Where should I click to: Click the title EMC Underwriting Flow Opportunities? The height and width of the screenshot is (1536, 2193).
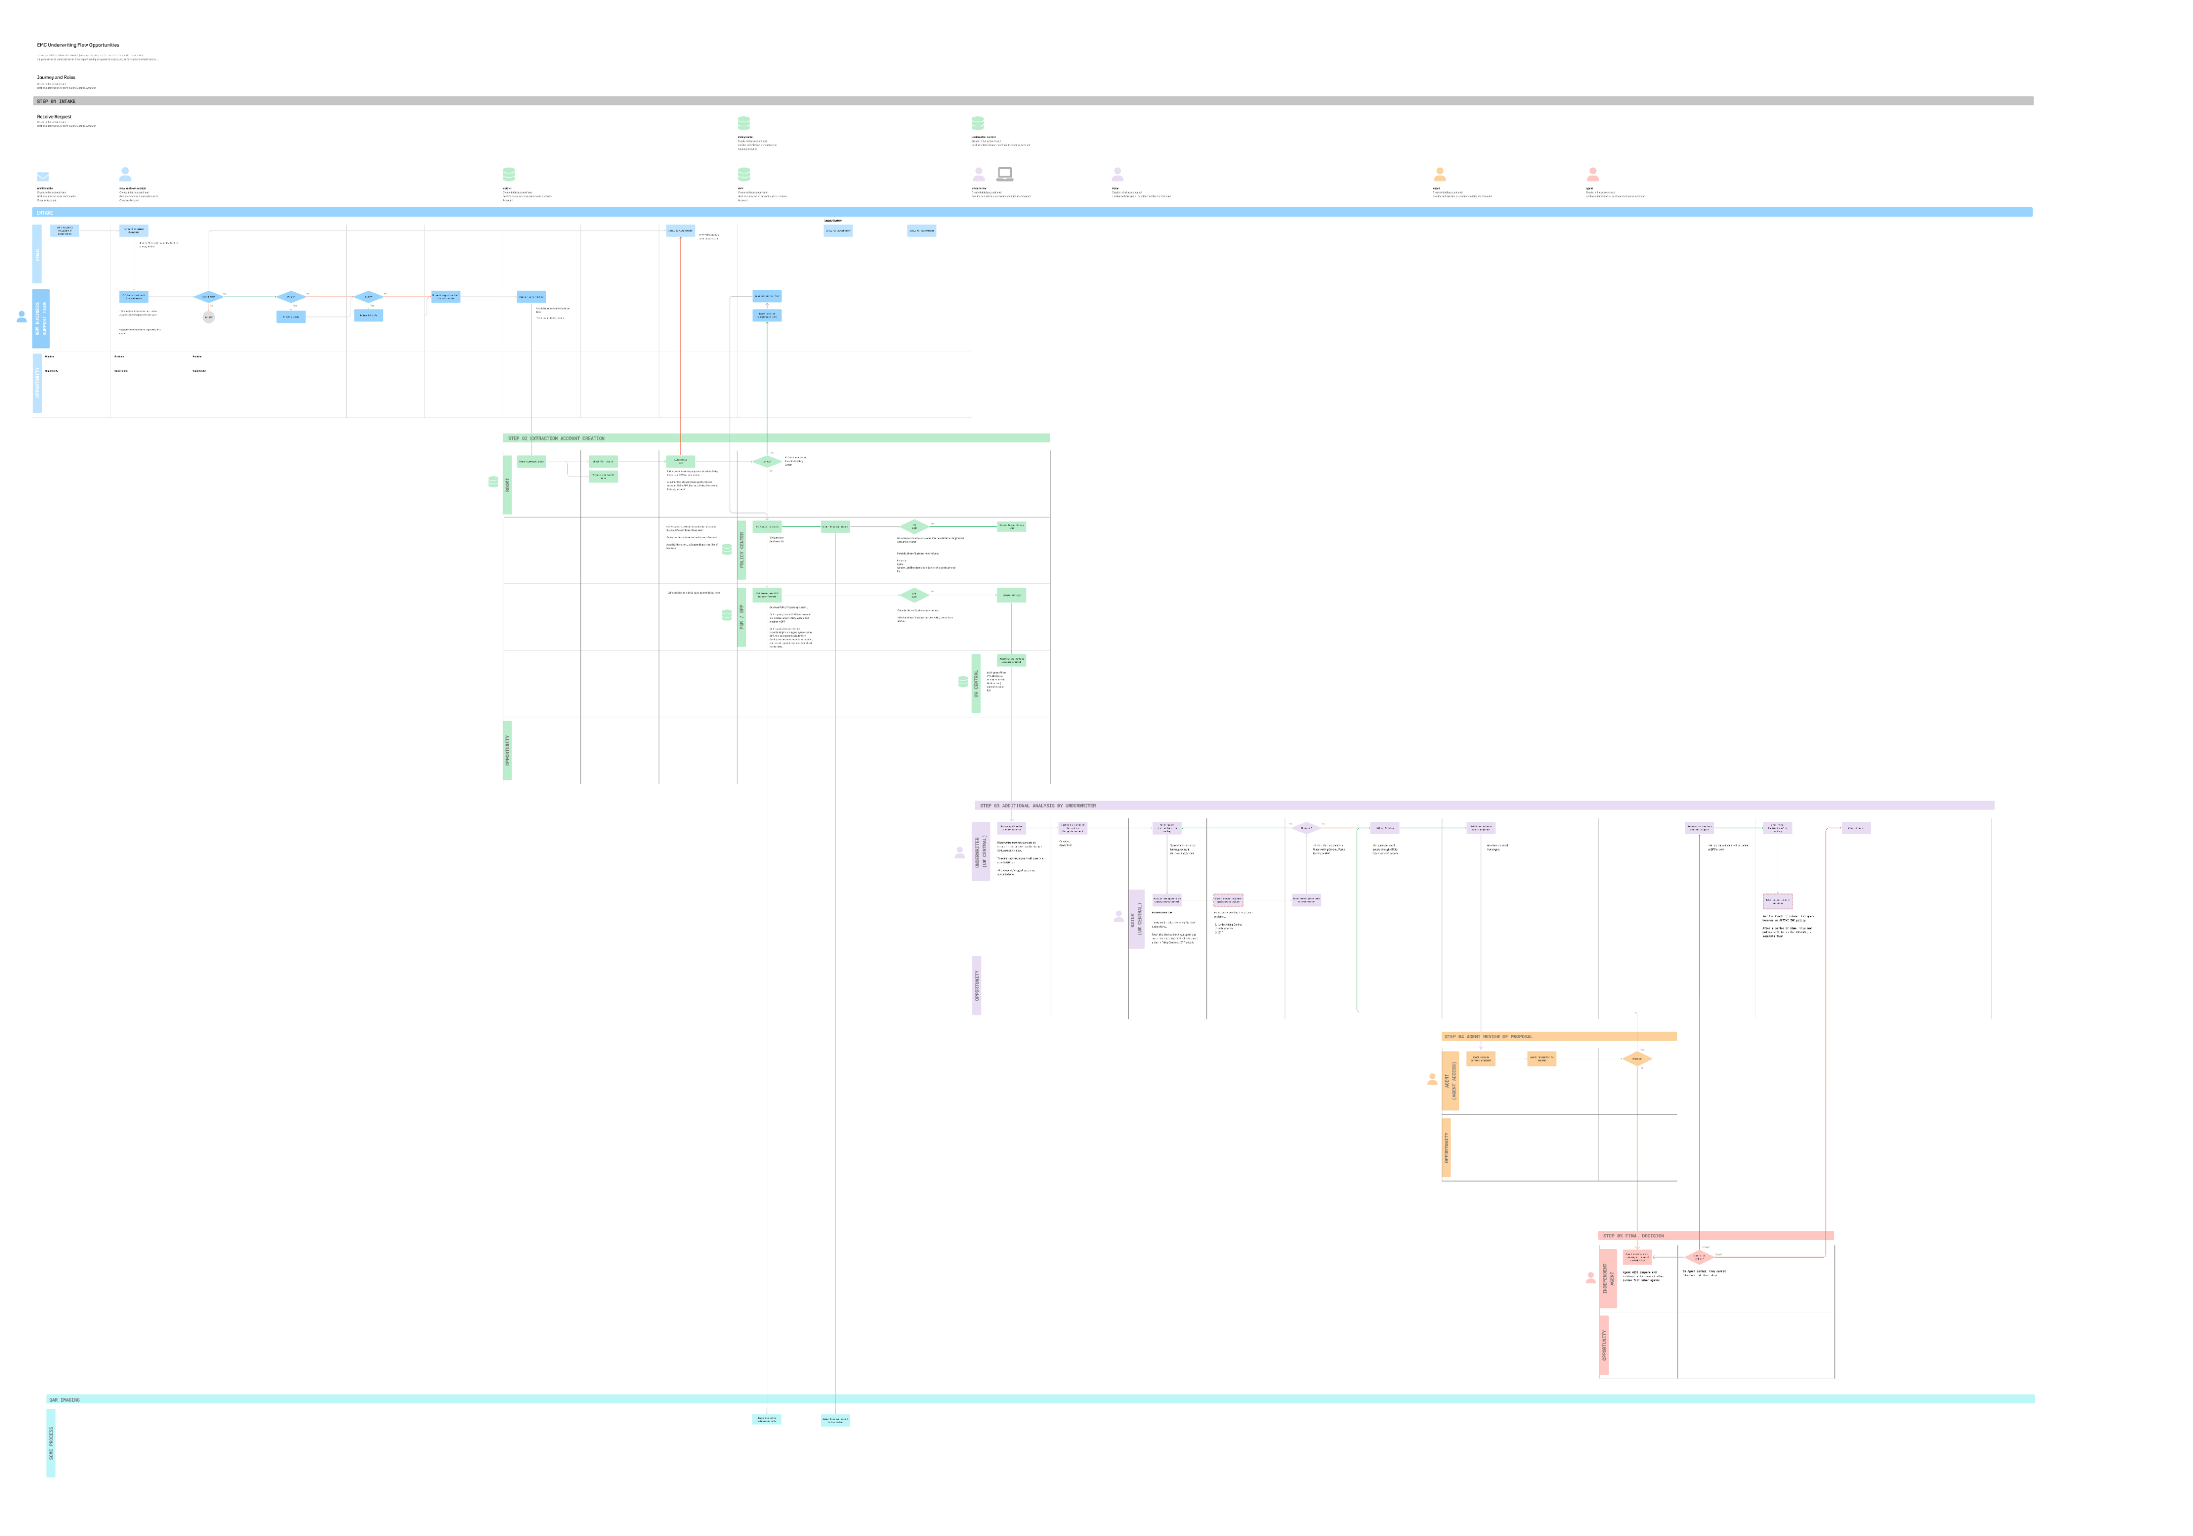click(x=78, y=45)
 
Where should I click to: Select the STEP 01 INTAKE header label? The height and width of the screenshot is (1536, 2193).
click(x=56, y=101)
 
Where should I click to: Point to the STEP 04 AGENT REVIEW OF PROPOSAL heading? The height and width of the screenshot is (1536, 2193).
click(x=1488, y=1036)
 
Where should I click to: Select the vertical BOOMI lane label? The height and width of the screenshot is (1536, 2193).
click(x=507, y=485)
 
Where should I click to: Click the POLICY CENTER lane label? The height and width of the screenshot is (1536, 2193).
click(x=741, y=550)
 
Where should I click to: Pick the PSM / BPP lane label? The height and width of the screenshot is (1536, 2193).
click(x=741, y=617)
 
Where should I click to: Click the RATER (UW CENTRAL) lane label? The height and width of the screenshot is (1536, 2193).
click(x=1136, y=918)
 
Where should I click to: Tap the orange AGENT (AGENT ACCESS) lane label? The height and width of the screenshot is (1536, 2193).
click(x=1450, y=1080)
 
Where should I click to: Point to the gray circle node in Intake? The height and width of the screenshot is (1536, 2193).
click(x=208, y=317)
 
